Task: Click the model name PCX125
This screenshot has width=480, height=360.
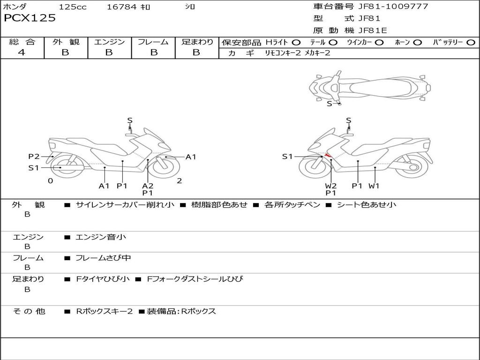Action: click(30, 18)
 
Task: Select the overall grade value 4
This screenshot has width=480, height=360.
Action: click(22, 52)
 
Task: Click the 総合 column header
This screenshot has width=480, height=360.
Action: click(22, 42)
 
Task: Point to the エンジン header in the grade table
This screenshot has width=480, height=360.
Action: click(109, 42)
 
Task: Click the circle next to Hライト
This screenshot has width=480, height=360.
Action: click(296, 42)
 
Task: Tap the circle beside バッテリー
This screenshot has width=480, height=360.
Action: click(471, 42)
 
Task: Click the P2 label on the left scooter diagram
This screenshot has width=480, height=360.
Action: click(34, 157)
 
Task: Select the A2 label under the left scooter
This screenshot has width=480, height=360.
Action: click(148, 186)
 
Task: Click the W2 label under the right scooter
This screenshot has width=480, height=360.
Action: click(331, 186)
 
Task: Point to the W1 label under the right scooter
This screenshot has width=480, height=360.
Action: click(374, 186)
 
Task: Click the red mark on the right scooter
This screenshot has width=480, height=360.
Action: click(329, 155)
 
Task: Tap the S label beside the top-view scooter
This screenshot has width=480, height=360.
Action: click(329, 104)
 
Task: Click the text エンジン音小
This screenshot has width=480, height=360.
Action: click(100, 237)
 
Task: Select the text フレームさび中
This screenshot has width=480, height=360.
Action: click(103, 258)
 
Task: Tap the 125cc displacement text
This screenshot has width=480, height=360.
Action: click(73, 7)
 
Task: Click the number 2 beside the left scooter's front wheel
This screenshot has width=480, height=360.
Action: click(179, 180)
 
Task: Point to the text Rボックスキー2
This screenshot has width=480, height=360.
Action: click(104, 311)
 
